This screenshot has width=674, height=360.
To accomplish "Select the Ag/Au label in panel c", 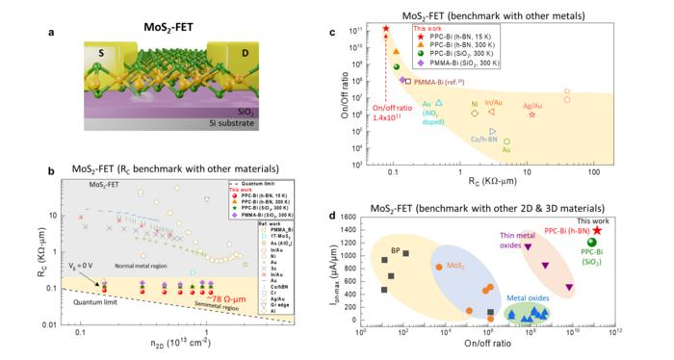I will pos(532,105).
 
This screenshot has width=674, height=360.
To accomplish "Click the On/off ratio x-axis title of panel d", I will pos(487,343).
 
